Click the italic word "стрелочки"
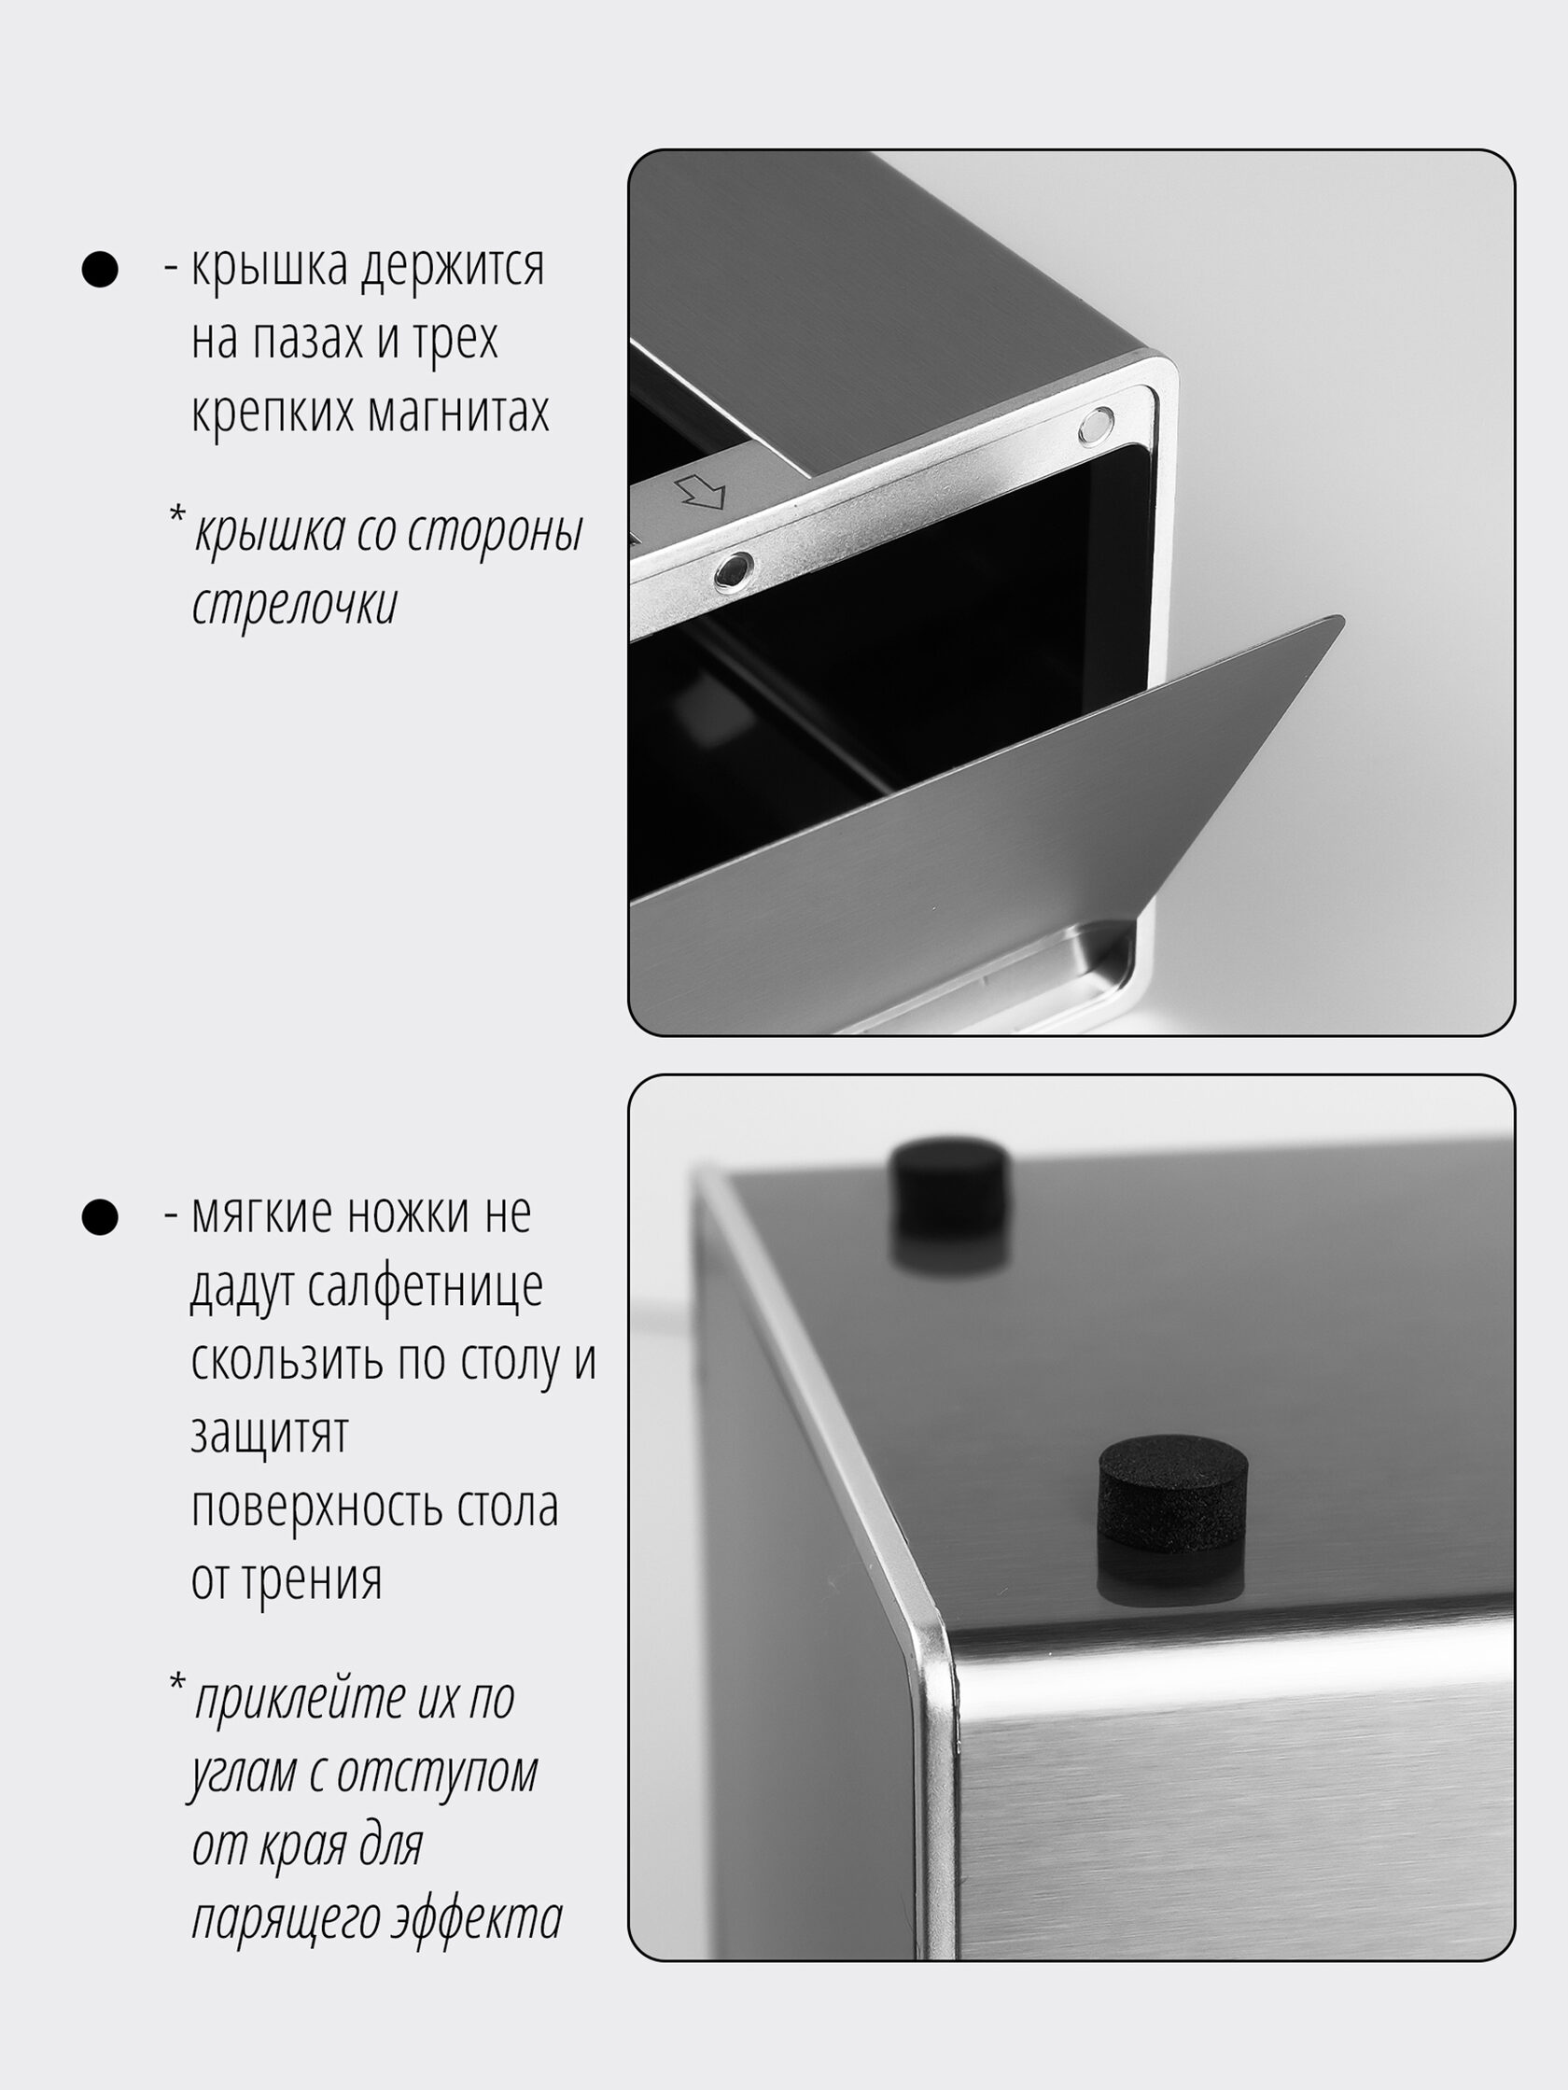295,605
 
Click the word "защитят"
270,1434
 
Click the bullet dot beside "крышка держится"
100,269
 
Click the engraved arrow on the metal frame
700,491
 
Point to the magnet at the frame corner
1096,427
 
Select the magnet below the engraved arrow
733,569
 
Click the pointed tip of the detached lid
1341,618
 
